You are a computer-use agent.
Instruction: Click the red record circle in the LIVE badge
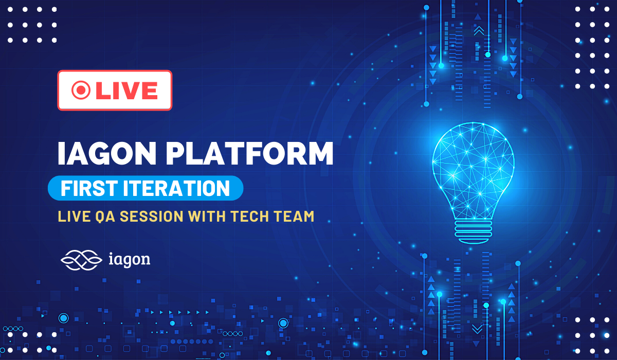click(81, 91)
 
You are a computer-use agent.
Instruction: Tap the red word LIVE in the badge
click(126, 91)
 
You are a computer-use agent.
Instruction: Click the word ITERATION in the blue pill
click(178, 189)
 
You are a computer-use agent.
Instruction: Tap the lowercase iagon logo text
click(130, 259)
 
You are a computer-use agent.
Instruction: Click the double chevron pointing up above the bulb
click(479, 31)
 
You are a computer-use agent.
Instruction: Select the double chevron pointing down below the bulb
click(477, 329)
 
